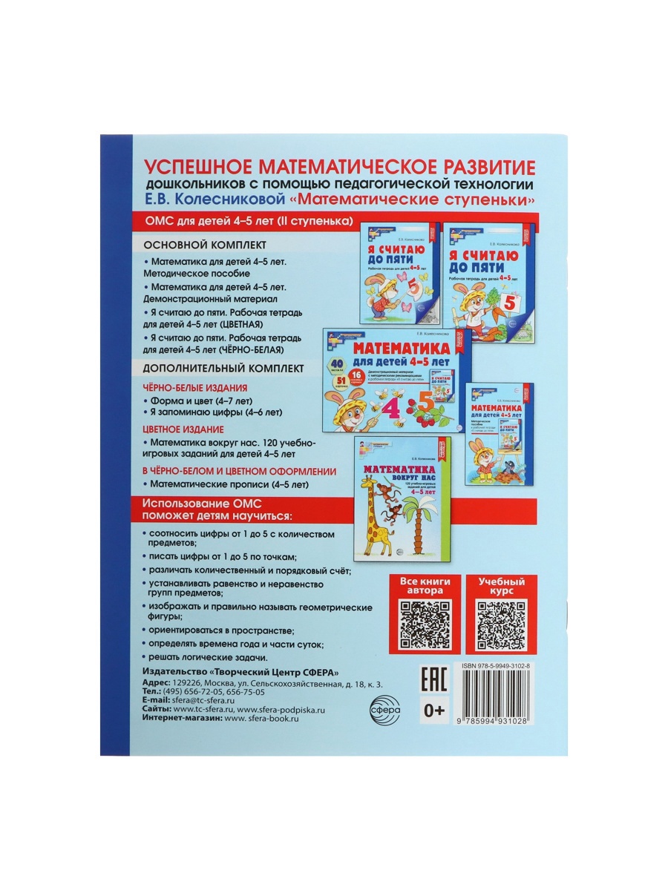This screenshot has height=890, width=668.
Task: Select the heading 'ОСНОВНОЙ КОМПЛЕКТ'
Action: pos(194,245)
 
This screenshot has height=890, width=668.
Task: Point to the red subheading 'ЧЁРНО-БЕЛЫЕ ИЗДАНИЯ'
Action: pos(194,388)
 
